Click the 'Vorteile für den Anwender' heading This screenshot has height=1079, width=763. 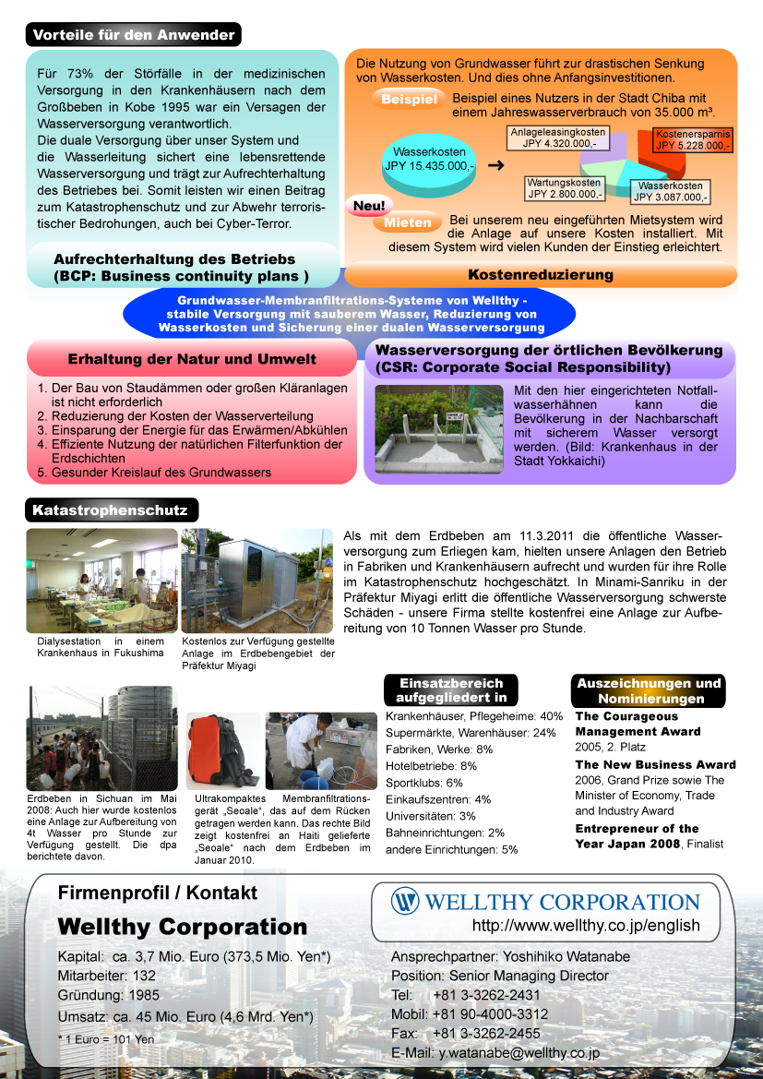[134, 35]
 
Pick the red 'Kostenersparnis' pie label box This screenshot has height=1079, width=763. [693, 139]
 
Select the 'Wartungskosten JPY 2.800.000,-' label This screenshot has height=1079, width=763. [565, 188]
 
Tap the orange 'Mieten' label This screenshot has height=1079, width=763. [407, 222]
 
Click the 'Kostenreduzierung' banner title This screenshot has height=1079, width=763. [540, 274]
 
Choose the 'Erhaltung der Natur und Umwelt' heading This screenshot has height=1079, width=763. [192, 359]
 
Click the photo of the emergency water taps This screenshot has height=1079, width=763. [439, 429]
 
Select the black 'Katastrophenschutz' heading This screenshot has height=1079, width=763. [110, 510]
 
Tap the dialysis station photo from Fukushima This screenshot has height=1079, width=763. [101, 580]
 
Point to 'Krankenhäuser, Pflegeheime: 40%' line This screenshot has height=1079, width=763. [473, 716]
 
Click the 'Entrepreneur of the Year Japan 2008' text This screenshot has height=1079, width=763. [637, 835]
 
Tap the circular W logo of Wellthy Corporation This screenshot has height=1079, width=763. [404, 901]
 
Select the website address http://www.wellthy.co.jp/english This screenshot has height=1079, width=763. [585, 925]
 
